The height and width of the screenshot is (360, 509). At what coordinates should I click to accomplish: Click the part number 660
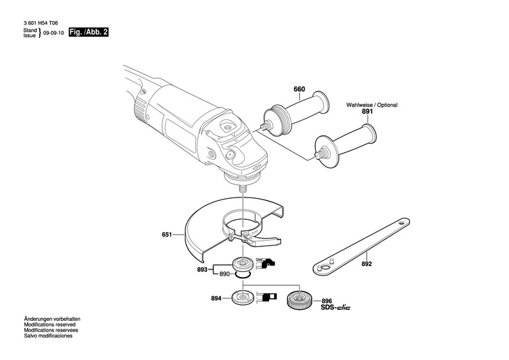(x=299, y=89)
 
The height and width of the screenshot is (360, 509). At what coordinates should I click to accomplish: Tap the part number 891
(x=367, y=112)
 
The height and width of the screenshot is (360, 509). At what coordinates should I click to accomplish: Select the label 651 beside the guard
(x=167, y=236)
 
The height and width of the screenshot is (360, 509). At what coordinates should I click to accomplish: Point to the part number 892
(x=367, y=264)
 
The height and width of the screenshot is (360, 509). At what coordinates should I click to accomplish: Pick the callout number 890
(x=225, y=274)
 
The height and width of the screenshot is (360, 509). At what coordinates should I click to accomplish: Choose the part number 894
(x=216, y=299)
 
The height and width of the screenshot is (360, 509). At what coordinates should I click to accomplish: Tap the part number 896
(x=326, y=300)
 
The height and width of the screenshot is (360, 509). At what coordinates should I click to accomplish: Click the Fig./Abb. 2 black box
(x=89, y=33)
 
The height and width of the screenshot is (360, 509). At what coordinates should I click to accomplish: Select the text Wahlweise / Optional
(x=372, y=105)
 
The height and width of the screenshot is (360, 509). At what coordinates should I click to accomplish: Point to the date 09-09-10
(x=52, y=33)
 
